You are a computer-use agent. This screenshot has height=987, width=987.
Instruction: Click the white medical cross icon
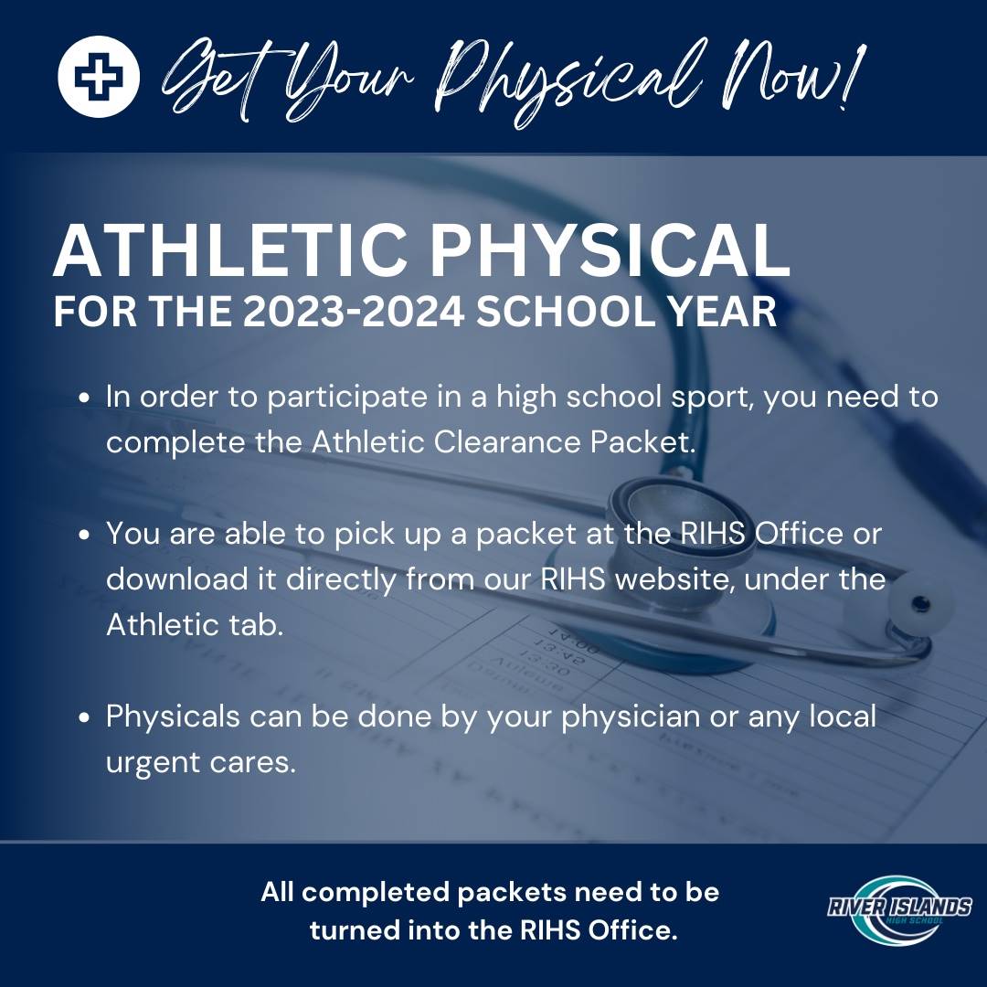point(98,77)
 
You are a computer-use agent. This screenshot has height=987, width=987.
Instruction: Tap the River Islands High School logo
point(899,908)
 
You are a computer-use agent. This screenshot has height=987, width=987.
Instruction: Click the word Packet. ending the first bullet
point(642,441)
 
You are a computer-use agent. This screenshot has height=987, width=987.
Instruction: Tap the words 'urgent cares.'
point(201,762)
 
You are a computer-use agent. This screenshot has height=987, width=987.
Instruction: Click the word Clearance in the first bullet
point(506,441)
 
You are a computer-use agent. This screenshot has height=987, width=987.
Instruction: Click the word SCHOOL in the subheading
point(564,312)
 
